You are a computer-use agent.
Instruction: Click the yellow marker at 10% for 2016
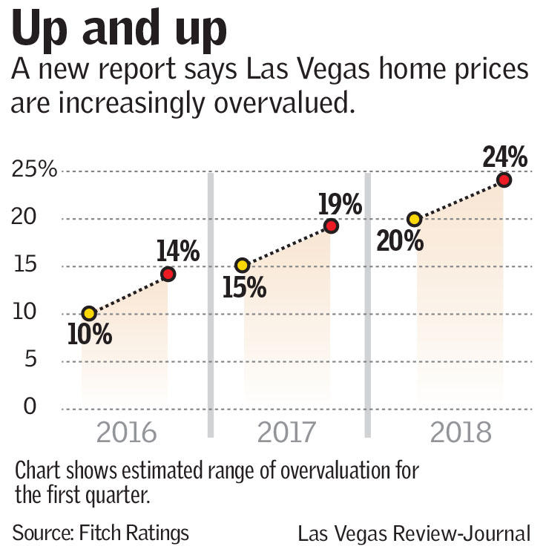(89, 314)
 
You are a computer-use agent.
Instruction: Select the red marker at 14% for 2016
(168, 274)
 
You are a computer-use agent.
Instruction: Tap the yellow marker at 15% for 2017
(242, 266)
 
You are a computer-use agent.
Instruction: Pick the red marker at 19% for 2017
(331, 226)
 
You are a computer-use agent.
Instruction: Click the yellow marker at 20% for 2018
(415, 219)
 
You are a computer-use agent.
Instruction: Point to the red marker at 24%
(504, 180)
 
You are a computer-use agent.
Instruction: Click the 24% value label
(504, 157)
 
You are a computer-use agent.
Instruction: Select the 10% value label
(89, 335)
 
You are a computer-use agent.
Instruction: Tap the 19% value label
(339, 203)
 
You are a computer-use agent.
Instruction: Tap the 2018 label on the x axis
(460, 433)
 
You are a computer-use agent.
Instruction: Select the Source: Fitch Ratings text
(100, 532)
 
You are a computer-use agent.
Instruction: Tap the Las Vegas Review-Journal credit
(414, 533)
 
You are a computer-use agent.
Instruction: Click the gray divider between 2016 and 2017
(211, 304)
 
